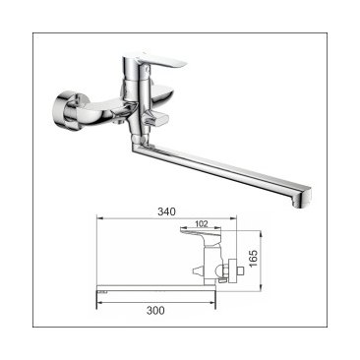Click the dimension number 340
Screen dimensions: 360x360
pos(166,211)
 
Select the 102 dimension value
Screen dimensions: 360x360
pos(202,224)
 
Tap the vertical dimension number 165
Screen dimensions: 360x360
pos(254,259)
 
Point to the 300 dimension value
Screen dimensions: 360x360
pos(155,310)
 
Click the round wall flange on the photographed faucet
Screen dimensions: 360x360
pos(66,111)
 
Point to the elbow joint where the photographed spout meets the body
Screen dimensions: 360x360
pos(139,144)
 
